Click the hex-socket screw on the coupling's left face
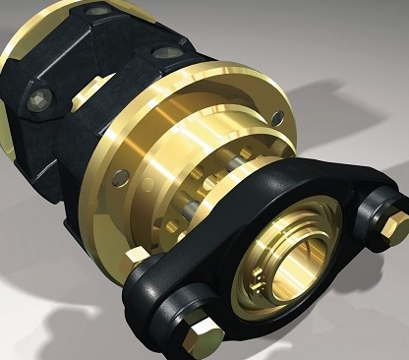click(x=40, y=97)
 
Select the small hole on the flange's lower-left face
click(x=120, y=177)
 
